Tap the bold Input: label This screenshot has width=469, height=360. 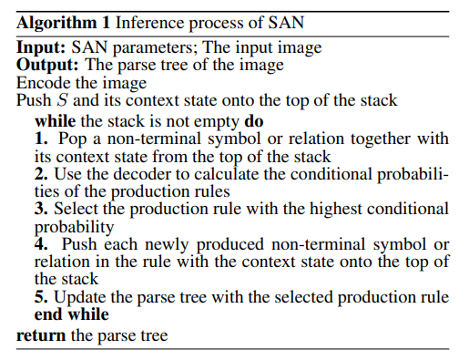coord(43,48)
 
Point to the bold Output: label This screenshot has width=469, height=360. coord(48,66)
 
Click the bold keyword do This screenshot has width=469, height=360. coord(255,119)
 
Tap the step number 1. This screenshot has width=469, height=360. coord(41,138)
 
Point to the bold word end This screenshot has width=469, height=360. coord(49,314)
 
